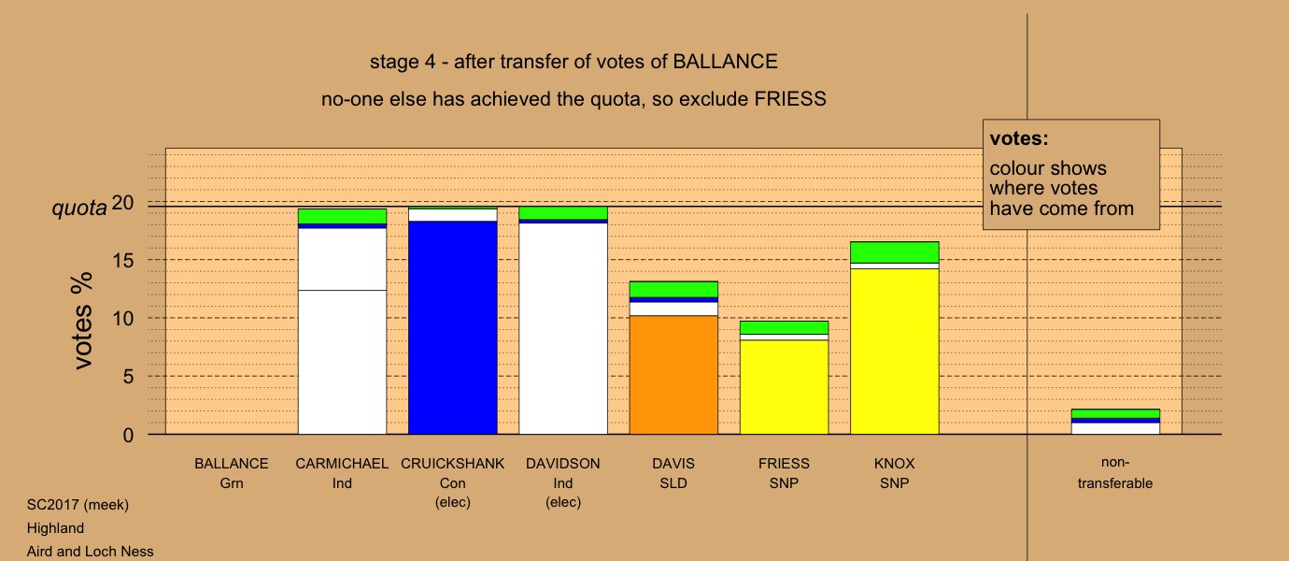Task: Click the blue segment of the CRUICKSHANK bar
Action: click(x=453, y=327)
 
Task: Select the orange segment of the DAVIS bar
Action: click(x=673, y=374)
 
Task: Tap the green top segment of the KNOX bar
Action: click(x=895, y=252)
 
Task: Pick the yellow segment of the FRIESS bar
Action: click(x=785, y=387)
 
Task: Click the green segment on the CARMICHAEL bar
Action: click(x=343, y=217)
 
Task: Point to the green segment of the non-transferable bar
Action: click(x=1116, y=413)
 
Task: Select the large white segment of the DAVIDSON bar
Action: click(x=563, y=328)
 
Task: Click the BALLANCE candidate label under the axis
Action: click(x=232, y=464)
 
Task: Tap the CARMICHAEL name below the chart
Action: click(x=342, y=464)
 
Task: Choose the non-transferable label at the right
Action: click(x=1115, y=473)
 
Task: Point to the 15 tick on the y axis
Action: click(x=123, y=260)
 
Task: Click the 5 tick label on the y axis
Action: click(x=128, y=377)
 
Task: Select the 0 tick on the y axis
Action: click(x=128, y=435)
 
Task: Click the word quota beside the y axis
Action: click(x=79, y=208)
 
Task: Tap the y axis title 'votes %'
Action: click(x=83, y=321)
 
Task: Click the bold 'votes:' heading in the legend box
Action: click(x=1019, y=138)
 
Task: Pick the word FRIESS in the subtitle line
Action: click(x=790, y=99)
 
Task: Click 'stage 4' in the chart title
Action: click(x=403, y=62)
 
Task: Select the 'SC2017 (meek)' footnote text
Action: click(x=78, y=505)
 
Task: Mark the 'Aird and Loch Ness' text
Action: click(x=91, y=552)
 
